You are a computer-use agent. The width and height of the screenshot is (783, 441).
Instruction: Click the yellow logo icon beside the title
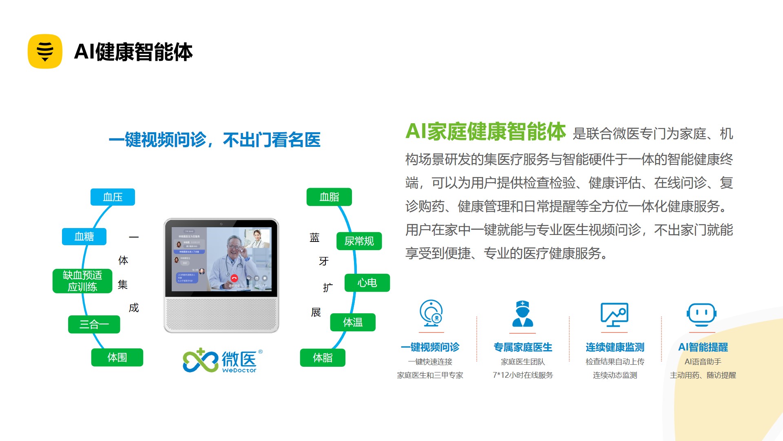point(45,51)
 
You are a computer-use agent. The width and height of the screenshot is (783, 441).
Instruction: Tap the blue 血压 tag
point(113,197)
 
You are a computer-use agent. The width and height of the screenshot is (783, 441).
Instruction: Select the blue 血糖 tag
point(84,237)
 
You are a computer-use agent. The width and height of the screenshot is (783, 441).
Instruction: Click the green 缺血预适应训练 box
point(82,281)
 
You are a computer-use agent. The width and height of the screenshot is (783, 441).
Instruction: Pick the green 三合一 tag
point(94,324)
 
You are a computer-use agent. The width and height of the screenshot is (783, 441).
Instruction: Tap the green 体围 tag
point(117,357)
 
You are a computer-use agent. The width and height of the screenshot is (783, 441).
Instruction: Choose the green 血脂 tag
point(329,197)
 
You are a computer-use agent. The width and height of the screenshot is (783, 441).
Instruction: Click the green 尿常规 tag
point(359,241)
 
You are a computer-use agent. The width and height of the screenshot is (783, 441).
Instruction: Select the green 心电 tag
point(367,283)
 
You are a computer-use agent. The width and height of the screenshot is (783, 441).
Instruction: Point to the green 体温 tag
point(353,322)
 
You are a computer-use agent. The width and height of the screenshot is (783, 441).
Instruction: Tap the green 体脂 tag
point(323,358)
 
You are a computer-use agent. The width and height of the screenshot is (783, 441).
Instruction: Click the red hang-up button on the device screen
point(234,278)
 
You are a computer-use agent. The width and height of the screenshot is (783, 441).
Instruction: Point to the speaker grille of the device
point(221,314)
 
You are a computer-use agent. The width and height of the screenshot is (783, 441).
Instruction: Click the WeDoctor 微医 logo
point(221,361)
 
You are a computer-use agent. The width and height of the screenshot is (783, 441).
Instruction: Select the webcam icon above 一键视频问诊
point(431,313)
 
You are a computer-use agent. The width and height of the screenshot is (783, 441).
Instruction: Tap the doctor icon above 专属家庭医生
point(523,314)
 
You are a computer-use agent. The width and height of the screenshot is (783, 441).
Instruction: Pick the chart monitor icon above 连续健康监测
point(615,315)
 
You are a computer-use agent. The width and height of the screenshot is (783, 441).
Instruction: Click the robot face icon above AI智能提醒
point(701,315)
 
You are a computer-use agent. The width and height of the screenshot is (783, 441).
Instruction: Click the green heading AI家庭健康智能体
point(485,132)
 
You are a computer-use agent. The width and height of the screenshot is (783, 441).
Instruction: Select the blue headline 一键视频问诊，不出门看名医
point(215,140)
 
